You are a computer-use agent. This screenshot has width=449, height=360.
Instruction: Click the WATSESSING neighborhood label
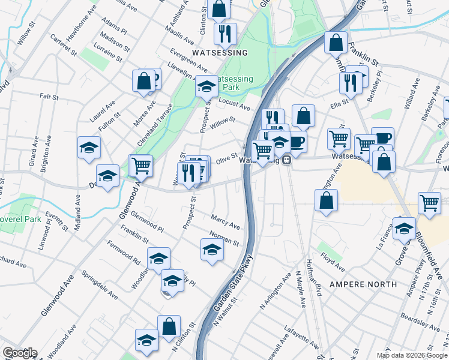click(220, 53)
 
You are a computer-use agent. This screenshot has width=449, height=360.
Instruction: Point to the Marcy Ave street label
click(226, 221)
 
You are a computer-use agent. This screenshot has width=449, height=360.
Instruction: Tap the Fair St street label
click(49, 96)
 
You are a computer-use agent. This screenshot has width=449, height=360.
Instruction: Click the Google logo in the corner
click(20, 353)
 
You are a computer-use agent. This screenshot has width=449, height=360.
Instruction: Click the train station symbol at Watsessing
click(288, 160)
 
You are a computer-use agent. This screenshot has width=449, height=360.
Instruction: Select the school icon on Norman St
click(212, 249)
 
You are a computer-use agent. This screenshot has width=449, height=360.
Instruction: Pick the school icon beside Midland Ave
click(89, 147)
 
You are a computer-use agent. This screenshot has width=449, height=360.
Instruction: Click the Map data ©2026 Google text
click(412, 355)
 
